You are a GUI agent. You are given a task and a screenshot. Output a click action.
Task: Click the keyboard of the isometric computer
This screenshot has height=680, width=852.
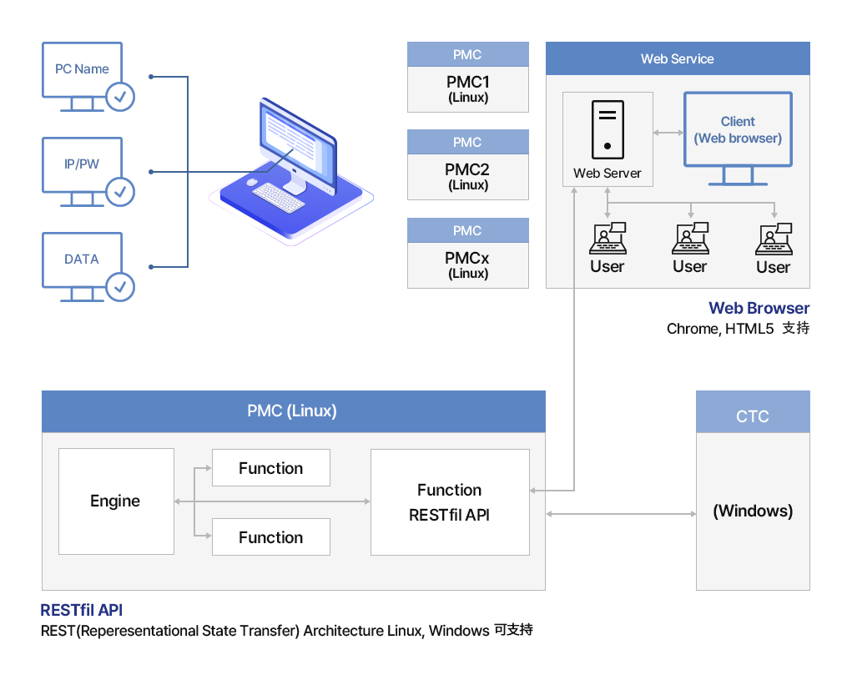(x=278, y=198)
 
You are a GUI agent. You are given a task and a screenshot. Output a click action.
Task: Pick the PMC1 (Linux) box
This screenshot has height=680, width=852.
(x=468, y=89)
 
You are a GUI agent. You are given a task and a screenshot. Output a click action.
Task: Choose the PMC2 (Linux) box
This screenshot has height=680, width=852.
(x=468, y=177)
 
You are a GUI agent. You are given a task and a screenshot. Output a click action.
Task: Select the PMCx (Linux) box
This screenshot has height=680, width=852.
(x=468, y=265)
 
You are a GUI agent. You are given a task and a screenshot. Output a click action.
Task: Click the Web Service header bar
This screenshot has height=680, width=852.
(x=678, y=59)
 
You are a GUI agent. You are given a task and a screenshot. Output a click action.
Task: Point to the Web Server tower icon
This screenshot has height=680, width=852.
(x=607, y=129)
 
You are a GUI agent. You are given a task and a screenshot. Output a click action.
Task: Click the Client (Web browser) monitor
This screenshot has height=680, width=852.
(x=738, y=133)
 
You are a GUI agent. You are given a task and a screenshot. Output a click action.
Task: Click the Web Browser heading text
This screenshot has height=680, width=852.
(x=759, y=309)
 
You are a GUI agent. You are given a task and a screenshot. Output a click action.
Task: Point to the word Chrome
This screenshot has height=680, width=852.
(x=693, y=330)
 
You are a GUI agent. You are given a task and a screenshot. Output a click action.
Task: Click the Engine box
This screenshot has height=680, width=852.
(x=116, y=501)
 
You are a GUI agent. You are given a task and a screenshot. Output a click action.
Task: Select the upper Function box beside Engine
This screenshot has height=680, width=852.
(x=271, y=468)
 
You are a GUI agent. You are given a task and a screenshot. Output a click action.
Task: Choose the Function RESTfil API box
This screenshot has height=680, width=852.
(x=450, y=502)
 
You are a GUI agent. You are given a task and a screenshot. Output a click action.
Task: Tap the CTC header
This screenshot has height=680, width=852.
(x=753, y=416)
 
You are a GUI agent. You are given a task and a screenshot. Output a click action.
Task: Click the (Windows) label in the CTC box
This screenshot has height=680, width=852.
(x=753, y=511)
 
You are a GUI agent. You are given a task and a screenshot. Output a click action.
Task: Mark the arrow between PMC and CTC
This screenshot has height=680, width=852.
(x=621, y=514)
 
